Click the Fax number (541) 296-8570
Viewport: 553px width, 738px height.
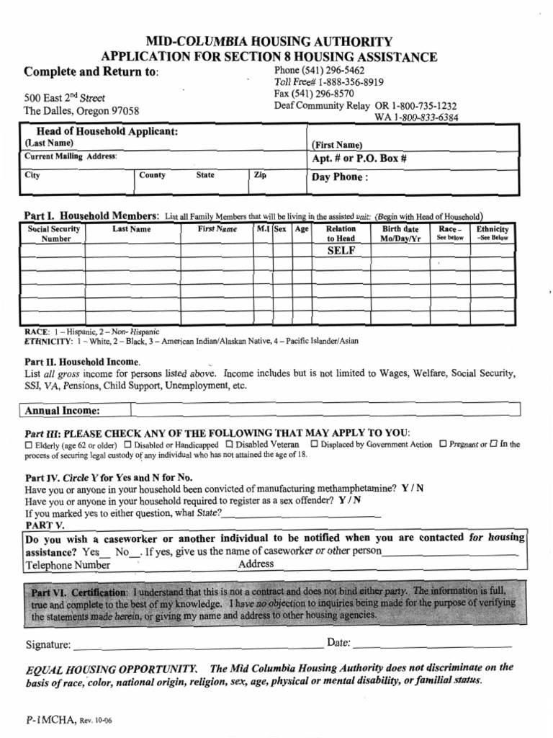click(x=314, y=94)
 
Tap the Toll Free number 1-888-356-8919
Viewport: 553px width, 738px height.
click(x=328, y=82)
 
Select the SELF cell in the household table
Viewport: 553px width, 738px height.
click(x=341, y=250)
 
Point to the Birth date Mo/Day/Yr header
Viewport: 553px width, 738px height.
click(x=400, y=234)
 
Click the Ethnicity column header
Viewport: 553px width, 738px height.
click(x=492, y=233)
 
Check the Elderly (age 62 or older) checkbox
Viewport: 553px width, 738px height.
click(x=28, y=445)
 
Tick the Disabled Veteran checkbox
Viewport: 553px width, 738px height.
click(x=230, y=444)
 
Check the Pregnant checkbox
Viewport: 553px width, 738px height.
click(x=443, y=444)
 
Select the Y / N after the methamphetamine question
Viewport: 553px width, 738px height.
click(x=413, y=488)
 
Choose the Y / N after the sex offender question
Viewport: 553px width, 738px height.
click(x=350, y=499)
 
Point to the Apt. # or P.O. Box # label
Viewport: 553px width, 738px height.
click(x=354, y=159)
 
